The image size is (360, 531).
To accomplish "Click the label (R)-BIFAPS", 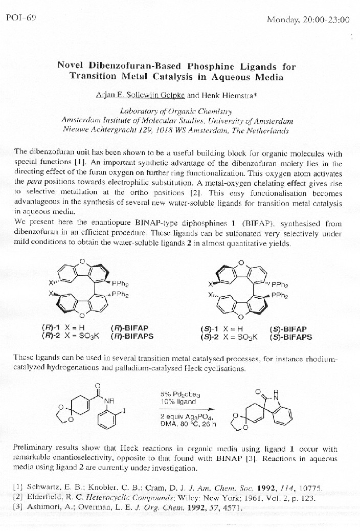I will point(132,336).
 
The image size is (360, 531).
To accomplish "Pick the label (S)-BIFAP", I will point(290,329).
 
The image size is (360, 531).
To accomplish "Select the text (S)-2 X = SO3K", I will point(229,337).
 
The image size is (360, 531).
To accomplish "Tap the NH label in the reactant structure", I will point(108,401).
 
